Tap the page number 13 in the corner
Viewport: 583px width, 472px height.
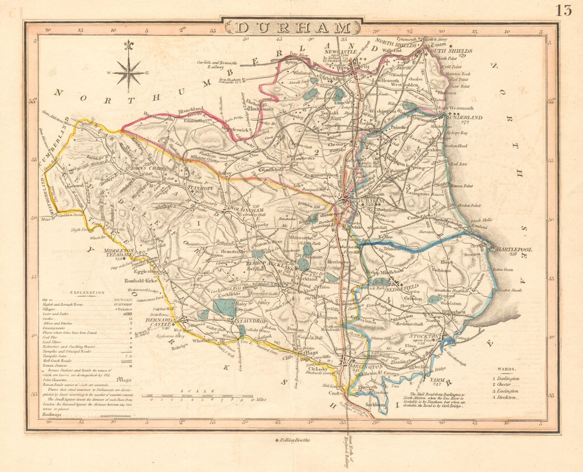(563, 10)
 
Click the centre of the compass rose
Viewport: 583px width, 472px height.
(129, 73)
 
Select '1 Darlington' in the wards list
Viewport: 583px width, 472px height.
(506, 378)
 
